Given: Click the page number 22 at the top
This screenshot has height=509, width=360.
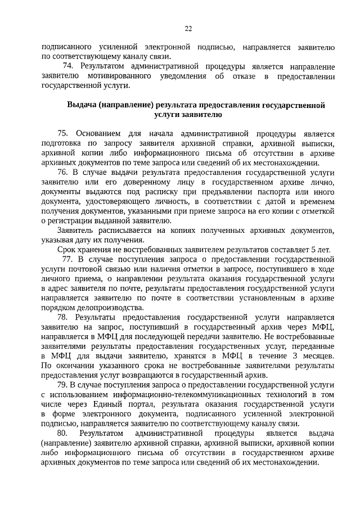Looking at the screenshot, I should point(188,29).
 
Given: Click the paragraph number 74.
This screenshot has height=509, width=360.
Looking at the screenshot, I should point(68,66).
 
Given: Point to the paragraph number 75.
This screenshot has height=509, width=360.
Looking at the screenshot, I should point(62,133).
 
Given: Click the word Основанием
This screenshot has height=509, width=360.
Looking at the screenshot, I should point(96,133).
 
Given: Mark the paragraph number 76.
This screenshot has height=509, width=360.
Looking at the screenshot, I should point(62,174).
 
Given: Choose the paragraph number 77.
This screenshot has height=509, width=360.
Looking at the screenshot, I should point(67,260).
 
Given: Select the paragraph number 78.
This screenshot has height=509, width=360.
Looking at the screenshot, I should point(62,318).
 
